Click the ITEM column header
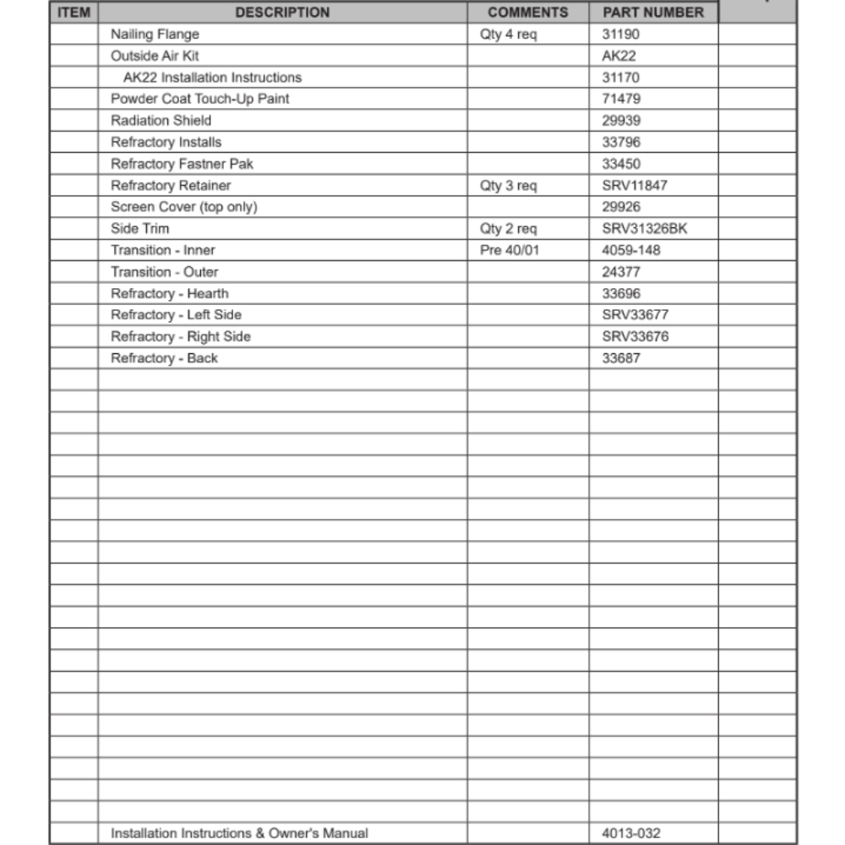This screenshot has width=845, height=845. point(74,13)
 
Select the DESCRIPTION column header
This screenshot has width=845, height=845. point(282,13)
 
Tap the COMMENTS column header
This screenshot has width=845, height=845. point(528,13)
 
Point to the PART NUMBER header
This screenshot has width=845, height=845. point(652,13)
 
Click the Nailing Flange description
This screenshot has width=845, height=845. point(155,35)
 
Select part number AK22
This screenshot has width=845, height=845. point(619,57)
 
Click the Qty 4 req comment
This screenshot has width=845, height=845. point(508,35)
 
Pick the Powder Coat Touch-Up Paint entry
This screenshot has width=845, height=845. point(199,99)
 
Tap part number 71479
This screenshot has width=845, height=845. point(621,99)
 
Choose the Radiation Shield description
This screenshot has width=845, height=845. point(161,121)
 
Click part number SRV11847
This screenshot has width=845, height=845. point(634,185)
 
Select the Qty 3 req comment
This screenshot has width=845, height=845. point(508,185)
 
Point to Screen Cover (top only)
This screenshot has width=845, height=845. point(183,207)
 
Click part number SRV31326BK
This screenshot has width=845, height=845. point(644,229)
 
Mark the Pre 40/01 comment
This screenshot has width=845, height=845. point(509,250)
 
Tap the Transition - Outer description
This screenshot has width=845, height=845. point(164,272)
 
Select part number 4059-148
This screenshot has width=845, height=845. point(631,250)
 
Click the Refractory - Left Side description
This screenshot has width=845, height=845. point(176,315)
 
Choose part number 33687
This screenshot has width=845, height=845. point(621,358)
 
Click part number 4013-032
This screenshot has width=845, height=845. point(631,833)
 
